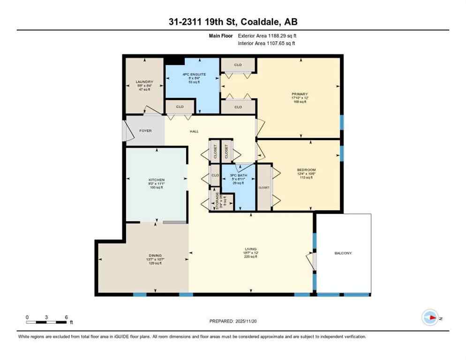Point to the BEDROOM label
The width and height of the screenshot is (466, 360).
click(x=306, y=170)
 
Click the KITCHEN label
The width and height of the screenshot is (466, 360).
click(x=157, y=180)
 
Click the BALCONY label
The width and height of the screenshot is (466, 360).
click(x=343, y=253)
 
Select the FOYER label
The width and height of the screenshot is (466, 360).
click(x=145, y=131)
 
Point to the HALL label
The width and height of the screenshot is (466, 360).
click(x=194, y=132)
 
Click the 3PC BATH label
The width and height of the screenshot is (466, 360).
click(x=239, y=176)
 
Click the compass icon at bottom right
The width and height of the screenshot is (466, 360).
click(x=430, y=318)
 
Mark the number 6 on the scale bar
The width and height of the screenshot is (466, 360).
click(x=66, y=317)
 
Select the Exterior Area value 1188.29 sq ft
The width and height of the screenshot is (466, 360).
click(x=279, y=35)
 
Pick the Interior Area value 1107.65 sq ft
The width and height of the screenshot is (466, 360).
click(x=279, y=43)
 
